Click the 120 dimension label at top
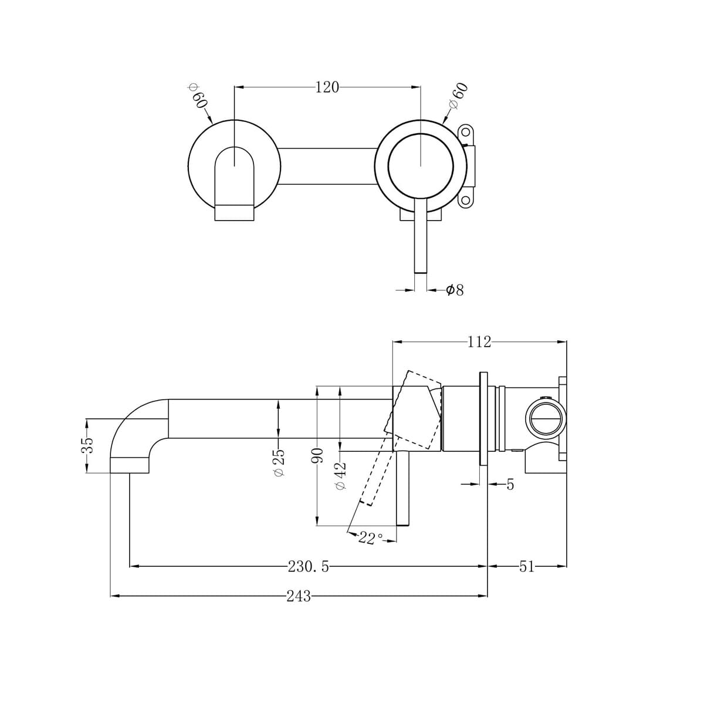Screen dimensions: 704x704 point(327,87)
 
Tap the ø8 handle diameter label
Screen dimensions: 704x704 point(455,290)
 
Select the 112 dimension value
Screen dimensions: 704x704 point(479,342)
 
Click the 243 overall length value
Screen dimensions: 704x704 point(299,596)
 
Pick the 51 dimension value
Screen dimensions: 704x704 point(526,566)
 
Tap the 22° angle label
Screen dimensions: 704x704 point(370,538)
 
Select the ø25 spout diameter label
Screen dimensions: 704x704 point(279,463)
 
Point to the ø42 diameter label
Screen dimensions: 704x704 point(340,475)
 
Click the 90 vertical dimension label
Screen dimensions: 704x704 point(317,456)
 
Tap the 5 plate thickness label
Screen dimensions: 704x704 point(509,485)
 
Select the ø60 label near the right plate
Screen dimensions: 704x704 point(459,95)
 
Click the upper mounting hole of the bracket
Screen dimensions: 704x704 point(466,131)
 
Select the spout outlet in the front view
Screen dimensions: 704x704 point(235,212)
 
